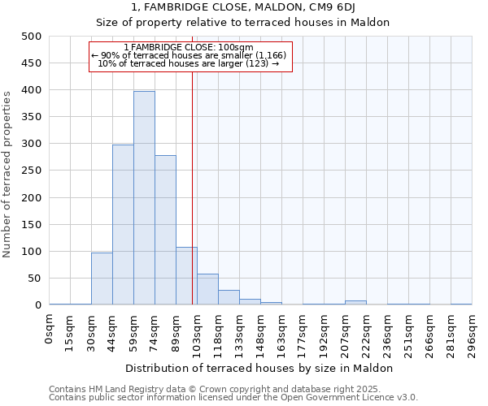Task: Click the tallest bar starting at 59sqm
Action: (144, 198)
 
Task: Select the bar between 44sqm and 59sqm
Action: (123, 225)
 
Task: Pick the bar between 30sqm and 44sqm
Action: (102, 279)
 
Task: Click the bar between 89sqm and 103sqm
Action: (186, 276)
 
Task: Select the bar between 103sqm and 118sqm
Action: (207, 289)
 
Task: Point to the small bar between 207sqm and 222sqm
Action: (355, 302)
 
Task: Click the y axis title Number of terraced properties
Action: (8, 174)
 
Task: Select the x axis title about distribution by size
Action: (260, 368)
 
